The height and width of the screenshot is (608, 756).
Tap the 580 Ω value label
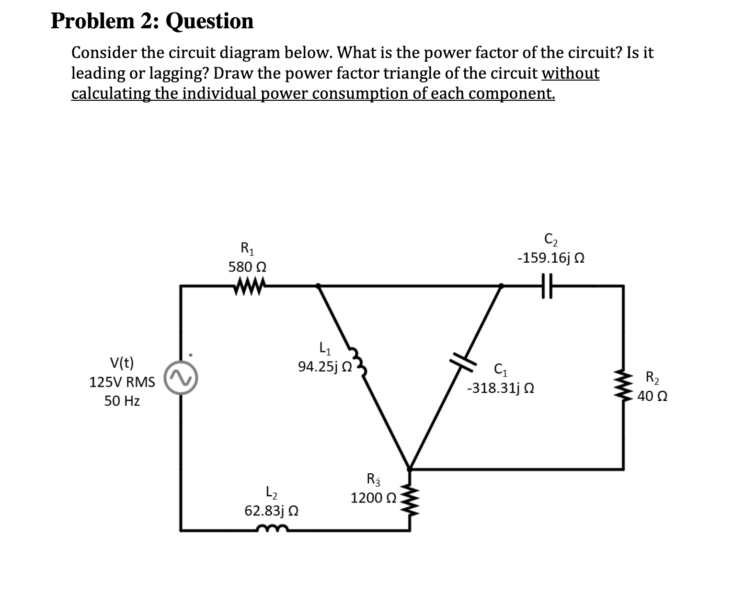247,267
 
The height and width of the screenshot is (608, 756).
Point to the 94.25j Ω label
325,367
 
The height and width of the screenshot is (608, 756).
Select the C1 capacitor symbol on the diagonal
462,360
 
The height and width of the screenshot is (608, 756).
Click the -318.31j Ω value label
501,387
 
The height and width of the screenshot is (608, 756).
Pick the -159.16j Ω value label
550,258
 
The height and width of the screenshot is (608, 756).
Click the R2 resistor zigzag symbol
623,386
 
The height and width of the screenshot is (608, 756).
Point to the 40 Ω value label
653,397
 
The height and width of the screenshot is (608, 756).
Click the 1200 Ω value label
373,498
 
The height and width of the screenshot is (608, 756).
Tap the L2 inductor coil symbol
272,529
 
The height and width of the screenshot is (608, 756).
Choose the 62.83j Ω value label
272,511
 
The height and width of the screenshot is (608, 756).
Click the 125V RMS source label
122,382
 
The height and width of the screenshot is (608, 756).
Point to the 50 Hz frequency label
122,401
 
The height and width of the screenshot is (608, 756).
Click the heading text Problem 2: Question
152,21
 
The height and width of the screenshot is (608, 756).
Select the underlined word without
570,73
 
